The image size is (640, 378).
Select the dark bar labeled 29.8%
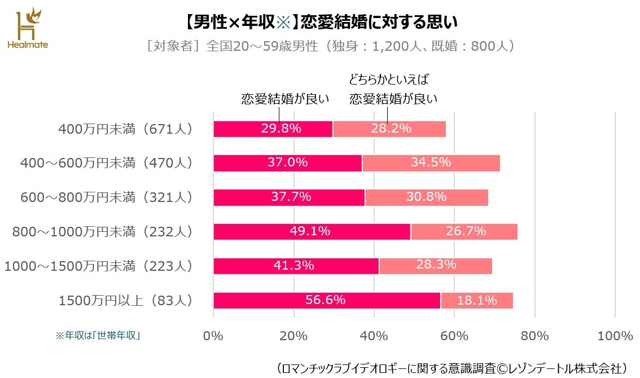tap(273, 129)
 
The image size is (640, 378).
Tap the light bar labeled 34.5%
tap(431, 163)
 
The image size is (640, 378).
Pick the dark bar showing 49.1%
tap(312, 231)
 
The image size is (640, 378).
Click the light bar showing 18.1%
tap(477, 300)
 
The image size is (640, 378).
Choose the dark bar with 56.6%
tap(327, 300)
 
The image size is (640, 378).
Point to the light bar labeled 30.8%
tap(427, 197)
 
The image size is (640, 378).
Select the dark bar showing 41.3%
tap(296, 266)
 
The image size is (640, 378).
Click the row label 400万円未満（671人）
tap(125, 129)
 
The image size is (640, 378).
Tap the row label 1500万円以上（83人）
tap(125, 301)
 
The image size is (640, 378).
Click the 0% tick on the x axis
tap(213, 336)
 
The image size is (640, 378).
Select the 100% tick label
tap(615, 336)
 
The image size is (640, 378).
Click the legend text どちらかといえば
tap(393, 79)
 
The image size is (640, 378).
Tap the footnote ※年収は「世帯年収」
tap(98, 335)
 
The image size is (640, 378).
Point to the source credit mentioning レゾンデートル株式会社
tap(452, 368)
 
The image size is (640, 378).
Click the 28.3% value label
tap(436, 265)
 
